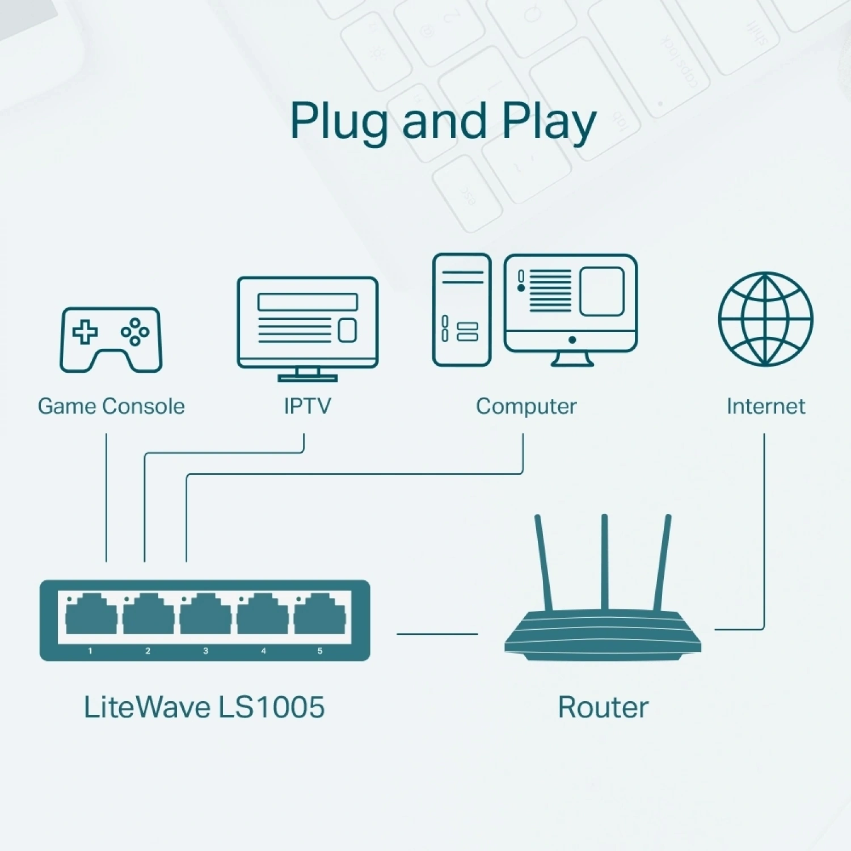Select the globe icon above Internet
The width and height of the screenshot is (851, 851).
(765, 319)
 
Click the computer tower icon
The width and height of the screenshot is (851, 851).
(461, 310)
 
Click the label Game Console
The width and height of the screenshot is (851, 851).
(111, 406)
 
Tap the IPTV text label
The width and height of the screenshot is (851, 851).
(307, 406)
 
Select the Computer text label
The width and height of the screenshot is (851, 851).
(526, 406)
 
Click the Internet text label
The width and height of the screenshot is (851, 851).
(766, 406)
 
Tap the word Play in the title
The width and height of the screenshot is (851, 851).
(549, 121)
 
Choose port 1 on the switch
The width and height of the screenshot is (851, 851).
(91, 616)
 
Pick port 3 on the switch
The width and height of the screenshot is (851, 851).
(205, 616)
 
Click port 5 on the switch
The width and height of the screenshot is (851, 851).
(319, 616)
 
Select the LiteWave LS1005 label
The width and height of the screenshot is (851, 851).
(204, 707)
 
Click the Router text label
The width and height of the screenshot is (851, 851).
(603, 707)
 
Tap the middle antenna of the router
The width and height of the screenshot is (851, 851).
(605, 562)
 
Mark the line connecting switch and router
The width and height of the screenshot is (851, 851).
(437, 634)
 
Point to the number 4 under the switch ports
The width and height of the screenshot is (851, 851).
(263, 651)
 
